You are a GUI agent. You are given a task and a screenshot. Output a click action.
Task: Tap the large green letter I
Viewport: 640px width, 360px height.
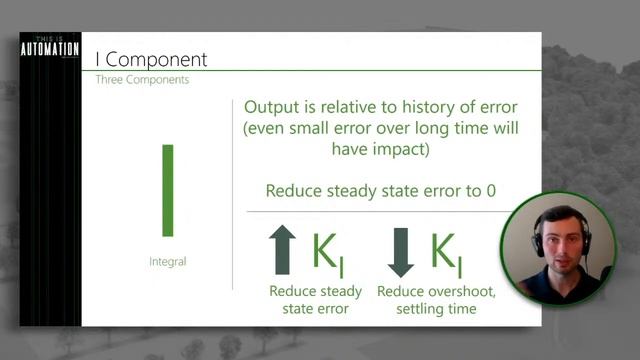168,190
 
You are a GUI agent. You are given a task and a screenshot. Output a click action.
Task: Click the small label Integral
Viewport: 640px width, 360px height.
167,261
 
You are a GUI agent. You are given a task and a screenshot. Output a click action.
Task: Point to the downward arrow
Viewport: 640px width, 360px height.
400,251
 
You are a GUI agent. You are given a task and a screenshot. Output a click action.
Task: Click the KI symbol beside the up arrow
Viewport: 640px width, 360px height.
328,254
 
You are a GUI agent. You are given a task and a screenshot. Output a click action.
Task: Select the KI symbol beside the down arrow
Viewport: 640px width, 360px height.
445,254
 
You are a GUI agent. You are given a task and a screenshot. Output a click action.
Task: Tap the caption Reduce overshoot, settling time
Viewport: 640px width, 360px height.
427,300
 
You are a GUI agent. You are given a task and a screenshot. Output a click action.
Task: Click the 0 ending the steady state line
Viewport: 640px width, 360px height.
490,191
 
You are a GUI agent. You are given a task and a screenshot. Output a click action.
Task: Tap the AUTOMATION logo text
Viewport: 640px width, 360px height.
49,50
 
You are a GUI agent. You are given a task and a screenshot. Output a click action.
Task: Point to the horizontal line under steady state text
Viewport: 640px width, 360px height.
380,211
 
